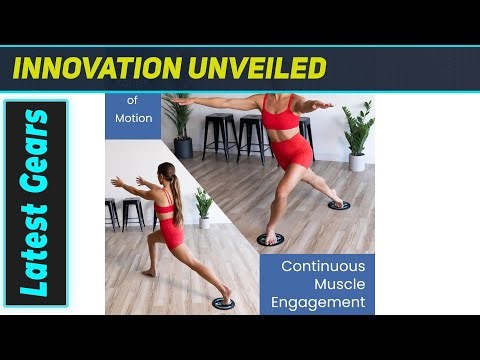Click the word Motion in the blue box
[x=133, y=118]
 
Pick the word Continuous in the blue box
[x=318, y=266]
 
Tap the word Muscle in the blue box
[x=318, y=283]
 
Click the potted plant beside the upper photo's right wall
[x=357, y=136]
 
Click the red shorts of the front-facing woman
[x=291, y=153]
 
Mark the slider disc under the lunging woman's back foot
[x=224, y=302]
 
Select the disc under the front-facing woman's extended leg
[x=339, y=204]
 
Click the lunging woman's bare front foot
[x=148, y=272]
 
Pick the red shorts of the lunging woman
[x=172, y=234]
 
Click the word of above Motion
[x=133, y=100]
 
